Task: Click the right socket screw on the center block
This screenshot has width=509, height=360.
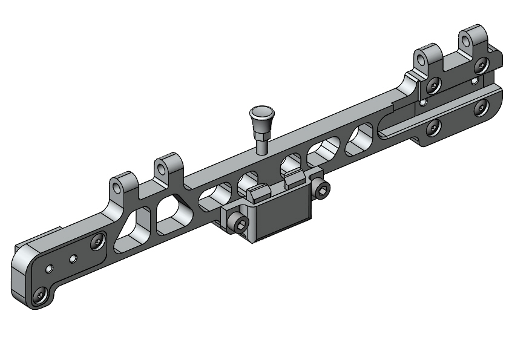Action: (x=322, y=192)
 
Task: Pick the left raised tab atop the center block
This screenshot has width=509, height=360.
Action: (x=258, y=193)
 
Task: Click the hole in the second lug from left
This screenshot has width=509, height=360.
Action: (x=162, y=167)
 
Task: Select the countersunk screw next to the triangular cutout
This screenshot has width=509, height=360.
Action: (x=98, y=243)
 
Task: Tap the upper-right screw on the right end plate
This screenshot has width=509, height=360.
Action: (x=481, y=65)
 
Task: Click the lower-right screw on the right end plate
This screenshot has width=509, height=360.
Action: (x=482, y=107)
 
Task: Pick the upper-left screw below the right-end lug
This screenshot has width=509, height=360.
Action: (x=432, y=85)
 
